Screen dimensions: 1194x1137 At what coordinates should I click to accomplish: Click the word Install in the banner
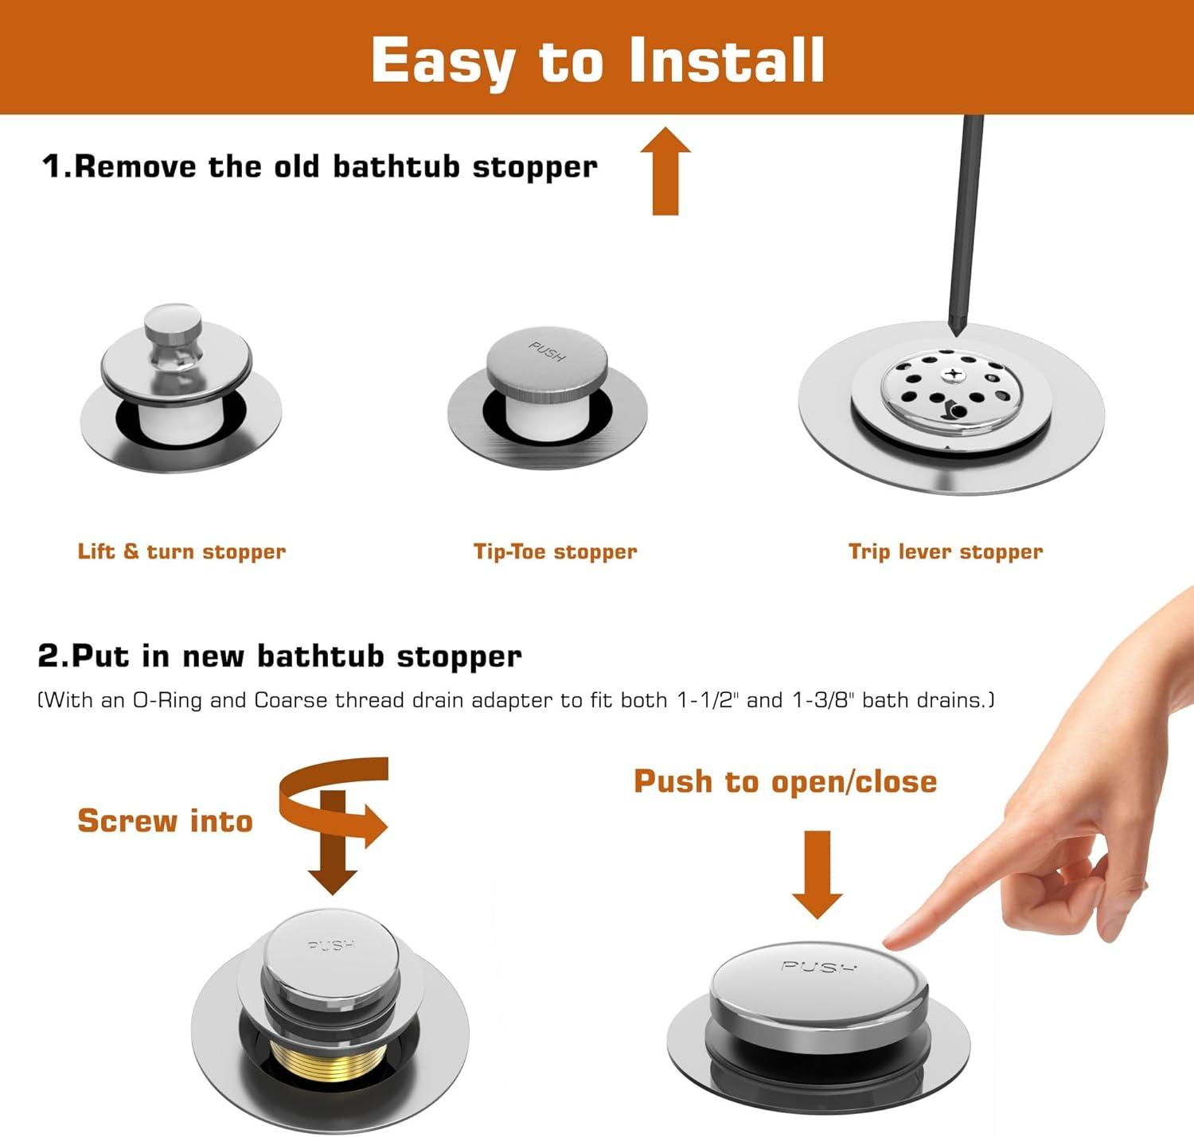click(x=727, y=60)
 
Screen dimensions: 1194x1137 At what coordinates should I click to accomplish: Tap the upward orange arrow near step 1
click(x=665, y=170)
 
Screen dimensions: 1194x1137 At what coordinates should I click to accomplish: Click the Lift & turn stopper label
click(x=181, y=552)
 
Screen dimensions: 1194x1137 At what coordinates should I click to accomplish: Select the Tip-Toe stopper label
click(x=555, y=552)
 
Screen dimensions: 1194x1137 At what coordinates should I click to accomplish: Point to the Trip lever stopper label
click(x=946, y=552)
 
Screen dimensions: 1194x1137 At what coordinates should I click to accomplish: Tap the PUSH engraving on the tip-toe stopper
click(x=547, y=350)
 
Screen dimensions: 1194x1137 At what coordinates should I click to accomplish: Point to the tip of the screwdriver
click(x=957, y=333)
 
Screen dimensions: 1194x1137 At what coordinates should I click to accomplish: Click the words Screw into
click(x=166, y=821)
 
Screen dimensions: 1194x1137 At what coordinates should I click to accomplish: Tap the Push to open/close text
click(x=786, y=782)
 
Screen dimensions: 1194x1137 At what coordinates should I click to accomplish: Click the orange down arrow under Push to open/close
click(x=817, y=874)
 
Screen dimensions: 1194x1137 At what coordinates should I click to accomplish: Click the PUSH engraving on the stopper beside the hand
click(x=818, y=967)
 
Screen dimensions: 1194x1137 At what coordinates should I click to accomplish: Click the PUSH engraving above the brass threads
click(x=331, y=945)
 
